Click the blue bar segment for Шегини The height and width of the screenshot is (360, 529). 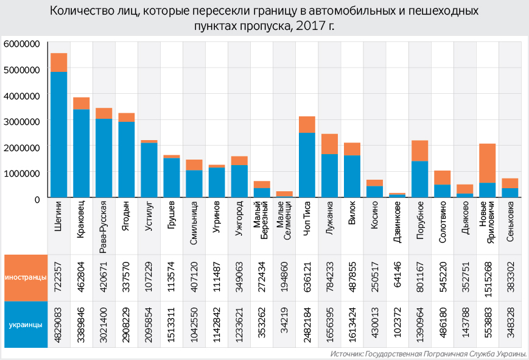click(59, 135)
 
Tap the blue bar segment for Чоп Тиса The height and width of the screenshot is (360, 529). click(307, 165)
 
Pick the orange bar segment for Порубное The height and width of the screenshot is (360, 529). click(420, 150)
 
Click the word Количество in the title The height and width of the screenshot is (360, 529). click(79, 12)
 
